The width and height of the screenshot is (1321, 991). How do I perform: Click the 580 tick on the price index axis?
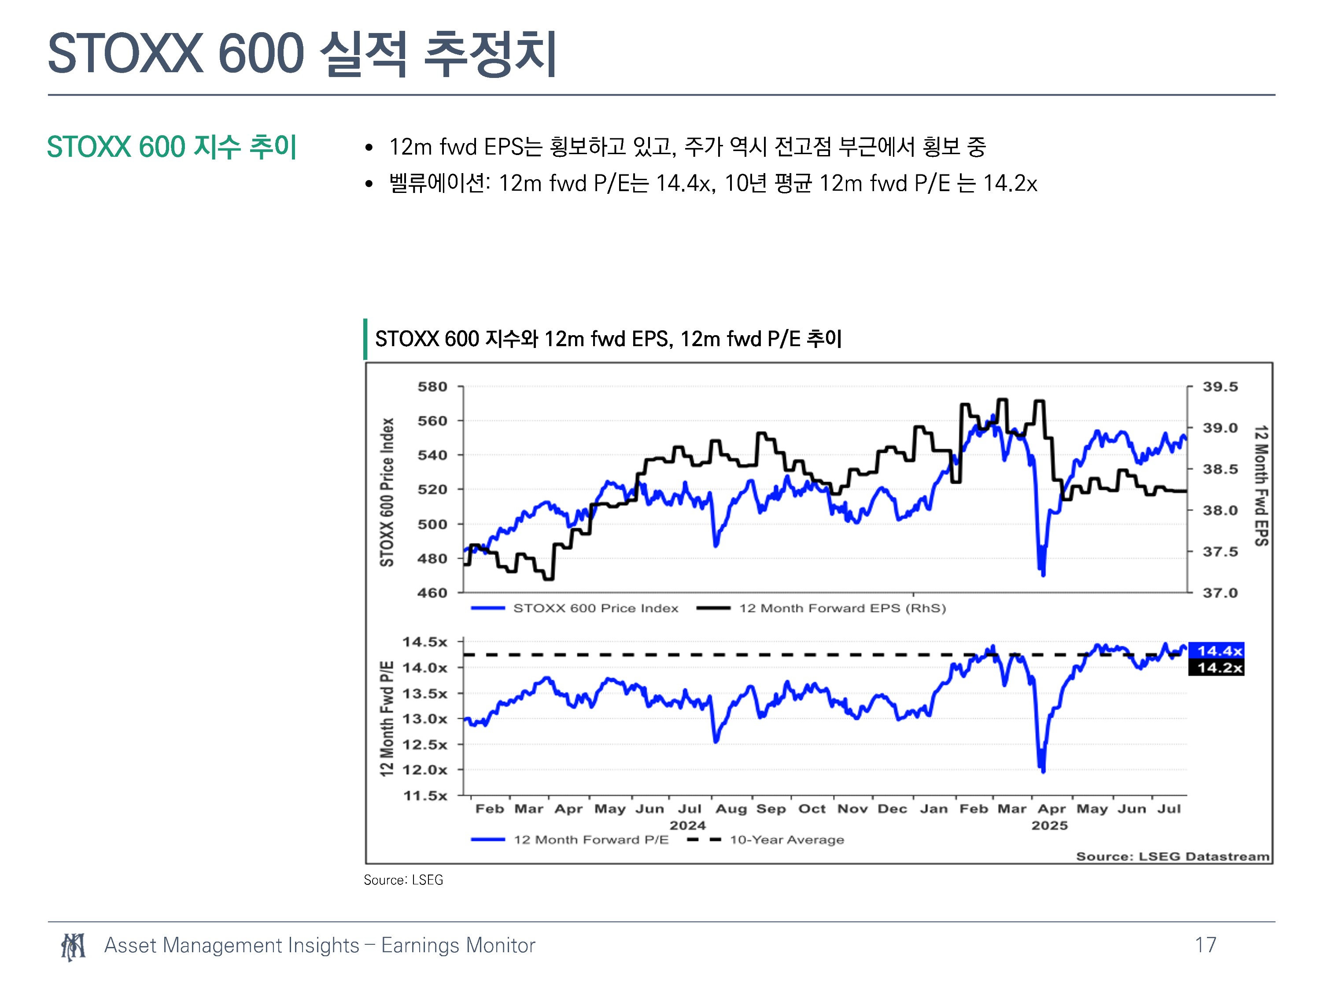pos(432,386)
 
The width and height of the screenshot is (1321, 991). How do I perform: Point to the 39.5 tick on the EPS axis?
pos(1220,386)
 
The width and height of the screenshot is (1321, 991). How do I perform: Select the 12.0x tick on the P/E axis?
pos(424,770)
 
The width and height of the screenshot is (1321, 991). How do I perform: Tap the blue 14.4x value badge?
pos(1217,651)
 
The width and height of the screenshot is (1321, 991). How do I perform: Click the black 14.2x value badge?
pos(1217,667)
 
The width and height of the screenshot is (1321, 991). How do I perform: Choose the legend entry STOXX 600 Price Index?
pos(575,608)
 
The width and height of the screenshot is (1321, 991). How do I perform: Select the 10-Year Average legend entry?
pos(766,839)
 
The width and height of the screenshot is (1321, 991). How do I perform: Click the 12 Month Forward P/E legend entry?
pos(570,839)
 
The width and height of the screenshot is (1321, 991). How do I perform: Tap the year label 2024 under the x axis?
pos(687,825)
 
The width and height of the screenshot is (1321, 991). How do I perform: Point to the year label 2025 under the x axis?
pos(1049,825)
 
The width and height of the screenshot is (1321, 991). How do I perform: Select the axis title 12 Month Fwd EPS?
pos(1261,486)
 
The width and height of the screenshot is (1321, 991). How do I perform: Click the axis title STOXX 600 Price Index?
pos(387,492)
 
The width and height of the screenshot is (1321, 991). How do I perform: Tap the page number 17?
pos(1205,945)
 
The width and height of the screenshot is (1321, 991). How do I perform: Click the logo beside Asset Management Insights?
pos(73,947)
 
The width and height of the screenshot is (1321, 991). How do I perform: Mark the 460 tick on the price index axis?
pos(432,592)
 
